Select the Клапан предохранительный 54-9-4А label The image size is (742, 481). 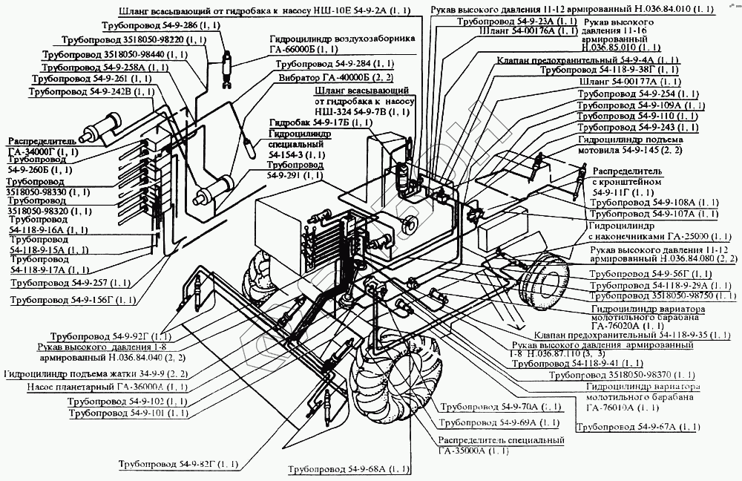click(587, 59)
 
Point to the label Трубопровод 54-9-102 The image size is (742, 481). click(126, 401)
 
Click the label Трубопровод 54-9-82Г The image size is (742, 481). click(178, 465)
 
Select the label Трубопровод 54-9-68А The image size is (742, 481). click(349, 470)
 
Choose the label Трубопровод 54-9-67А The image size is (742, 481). click(637, 428)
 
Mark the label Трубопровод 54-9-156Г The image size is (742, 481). click(73, 300)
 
